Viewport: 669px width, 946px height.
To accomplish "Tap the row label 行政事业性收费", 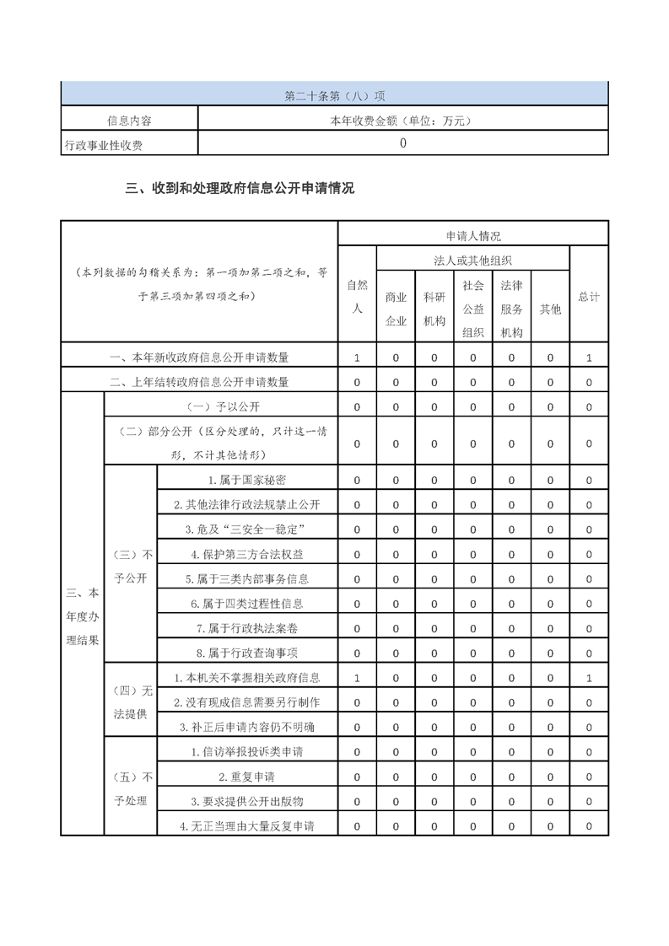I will (x=104, y=145).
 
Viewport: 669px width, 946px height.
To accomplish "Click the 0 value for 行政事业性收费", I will (x=402, y=143).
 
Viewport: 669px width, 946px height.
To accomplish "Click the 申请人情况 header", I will (x=473, y=236).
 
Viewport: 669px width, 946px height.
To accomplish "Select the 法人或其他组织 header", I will (x=473, y=261).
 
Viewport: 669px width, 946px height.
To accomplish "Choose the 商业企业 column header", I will (x=396, y=309).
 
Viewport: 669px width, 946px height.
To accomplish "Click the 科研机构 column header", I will (x=434, y=309).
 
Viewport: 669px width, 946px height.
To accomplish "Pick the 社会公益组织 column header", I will (x=473, y=309).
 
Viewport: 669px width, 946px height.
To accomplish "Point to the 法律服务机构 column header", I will (x=511, y=309).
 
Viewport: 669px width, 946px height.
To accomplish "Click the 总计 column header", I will (x=589, y=297).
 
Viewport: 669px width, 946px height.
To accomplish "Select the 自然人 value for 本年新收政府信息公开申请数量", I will (x=357, y=357).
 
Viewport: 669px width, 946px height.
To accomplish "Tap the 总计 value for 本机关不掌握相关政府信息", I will (x=589, y=678).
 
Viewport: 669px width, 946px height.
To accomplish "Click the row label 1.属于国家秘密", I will (x=247, y=480).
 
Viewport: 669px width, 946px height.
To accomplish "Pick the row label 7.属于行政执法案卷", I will (x=247, y=628).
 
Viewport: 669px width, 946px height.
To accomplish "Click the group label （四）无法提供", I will (x=131, y=702).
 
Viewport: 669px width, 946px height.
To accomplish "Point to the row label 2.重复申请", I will (x=247, y=777).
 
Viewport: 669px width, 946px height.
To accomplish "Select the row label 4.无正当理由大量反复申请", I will (x=247, y=826).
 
